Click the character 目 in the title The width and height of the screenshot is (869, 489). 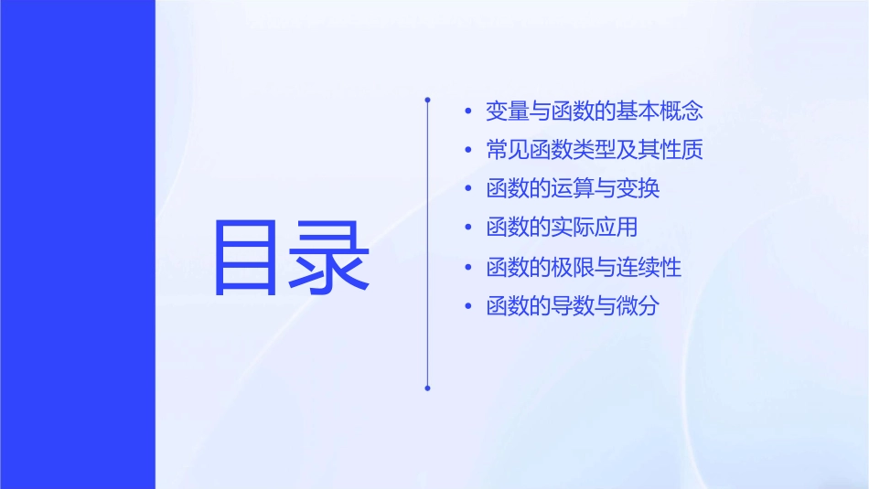(x=244, y=256)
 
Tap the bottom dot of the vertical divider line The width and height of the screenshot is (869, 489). (x=427, y=388)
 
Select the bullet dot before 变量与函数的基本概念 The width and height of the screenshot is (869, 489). (x=468, y=112)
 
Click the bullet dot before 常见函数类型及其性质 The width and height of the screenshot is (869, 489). (x=468, y=151)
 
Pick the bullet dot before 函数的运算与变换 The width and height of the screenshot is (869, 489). (x=468, y=190)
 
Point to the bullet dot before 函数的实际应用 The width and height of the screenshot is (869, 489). (x=468, y=229)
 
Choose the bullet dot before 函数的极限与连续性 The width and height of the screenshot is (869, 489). (x=468, y=269)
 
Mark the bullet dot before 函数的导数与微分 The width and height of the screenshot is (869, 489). (x=468, y=307)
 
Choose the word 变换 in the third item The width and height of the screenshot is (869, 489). (x=638, y=190)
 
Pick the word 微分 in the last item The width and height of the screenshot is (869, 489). (x=638, y=307)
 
